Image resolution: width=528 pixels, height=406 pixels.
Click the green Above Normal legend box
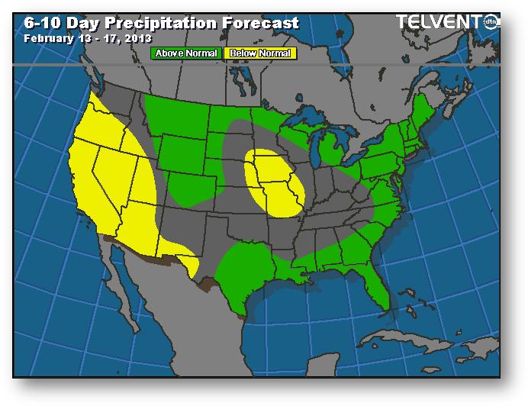pyautogui.click(x=187, y=53)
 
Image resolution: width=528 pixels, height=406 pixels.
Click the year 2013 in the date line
pyautogui.click(x=137, y=37)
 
